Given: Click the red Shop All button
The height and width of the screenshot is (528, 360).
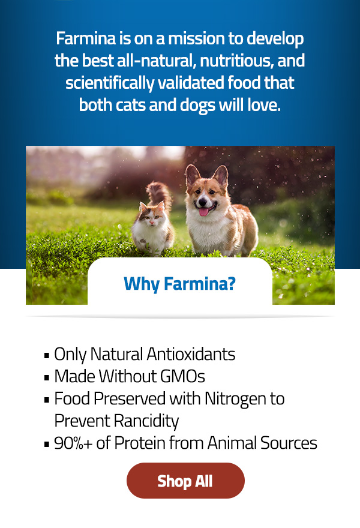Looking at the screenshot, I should (x=185, y=481).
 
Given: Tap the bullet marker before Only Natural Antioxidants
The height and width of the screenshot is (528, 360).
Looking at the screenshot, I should (x=47, y=355).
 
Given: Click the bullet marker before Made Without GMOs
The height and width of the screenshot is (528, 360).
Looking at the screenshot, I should (x=47, y=377).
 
